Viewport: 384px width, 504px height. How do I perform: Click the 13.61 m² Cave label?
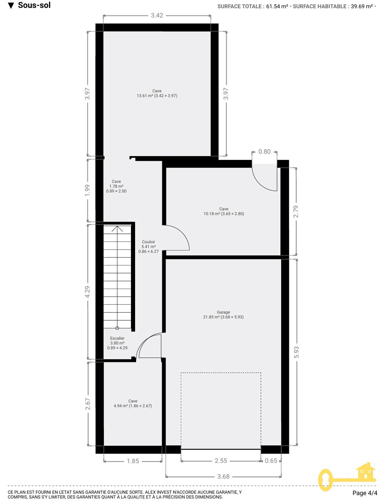[157, 93]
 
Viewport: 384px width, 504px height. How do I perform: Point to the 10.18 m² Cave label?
[224, 211]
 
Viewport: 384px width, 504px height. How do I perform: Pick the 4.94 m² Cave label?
[133, 404]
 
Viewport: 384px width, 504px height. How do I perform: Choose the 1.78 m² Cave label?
[116, 186]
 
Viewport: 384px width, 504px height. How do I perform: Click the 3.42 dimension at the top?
[157, 15]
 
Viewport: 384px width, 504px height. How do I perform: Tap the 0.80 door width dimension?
[264, 152]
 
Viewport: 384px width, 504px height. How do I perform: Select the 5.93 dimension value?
[296, 352]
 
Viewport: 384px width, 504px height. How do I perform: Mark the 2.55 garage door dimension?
[221, 461]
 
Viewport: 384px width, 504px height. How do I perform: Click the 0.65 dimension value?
[271, 461]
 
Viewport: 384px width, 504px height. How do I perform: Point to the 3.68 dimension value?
[223, 477]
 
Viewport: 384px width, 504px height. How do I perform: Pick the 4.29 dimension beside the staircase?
[88, 292]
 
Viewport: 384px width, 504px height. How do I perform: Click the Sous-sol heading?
[34, 5]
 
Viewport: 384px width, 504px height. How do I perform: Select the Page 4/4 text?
[365, 493]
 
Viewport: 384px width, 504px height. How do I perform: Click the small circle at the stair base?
[117, 328]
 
